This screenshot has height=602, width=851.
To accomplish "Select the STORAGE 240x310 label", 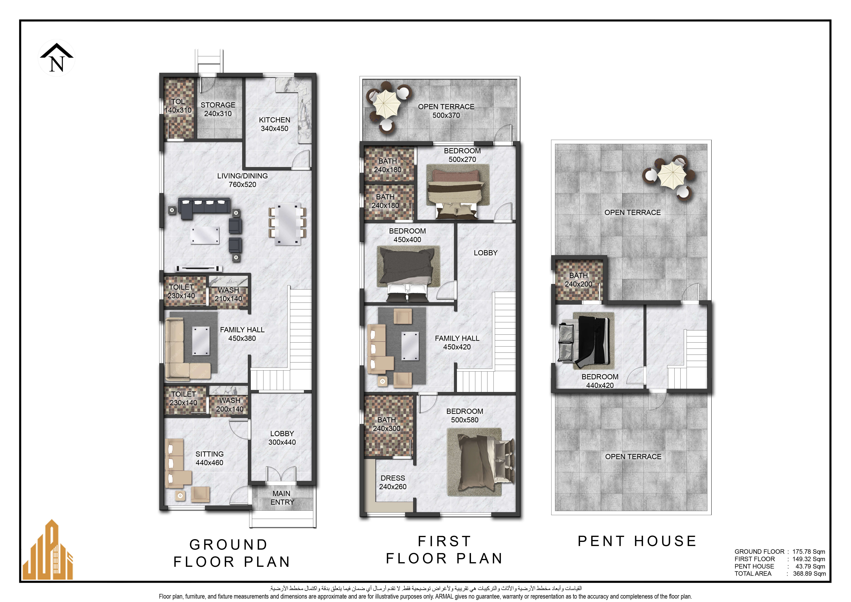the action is point(218,109).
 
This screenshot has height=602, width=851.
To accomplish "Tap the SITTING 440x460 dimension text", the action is point(209,463).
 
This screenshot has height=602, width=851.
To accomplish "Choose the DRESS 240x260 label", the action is point(393,482).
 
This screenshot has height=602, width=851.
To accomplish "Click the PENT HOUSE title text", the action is point(637,541).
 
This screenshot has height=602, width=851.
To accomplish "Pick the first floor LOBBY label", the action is point(486,253).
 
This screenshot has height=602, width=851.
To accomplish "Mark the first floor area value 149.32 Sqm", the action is point(809,559).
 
